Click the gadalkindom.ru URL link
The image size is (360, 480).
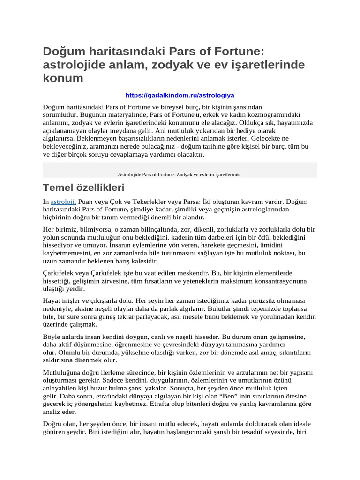(180, 95)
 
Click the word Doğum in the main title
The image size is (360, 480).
(64, 51)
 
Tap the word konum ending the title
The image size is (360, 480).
(63, 78)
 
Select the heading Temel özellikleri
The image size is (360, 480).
(83, 188)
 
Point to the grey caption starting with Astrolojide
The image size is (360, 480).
(180, 174)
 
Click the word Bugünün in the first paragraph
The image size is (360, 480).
(86, 114)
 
